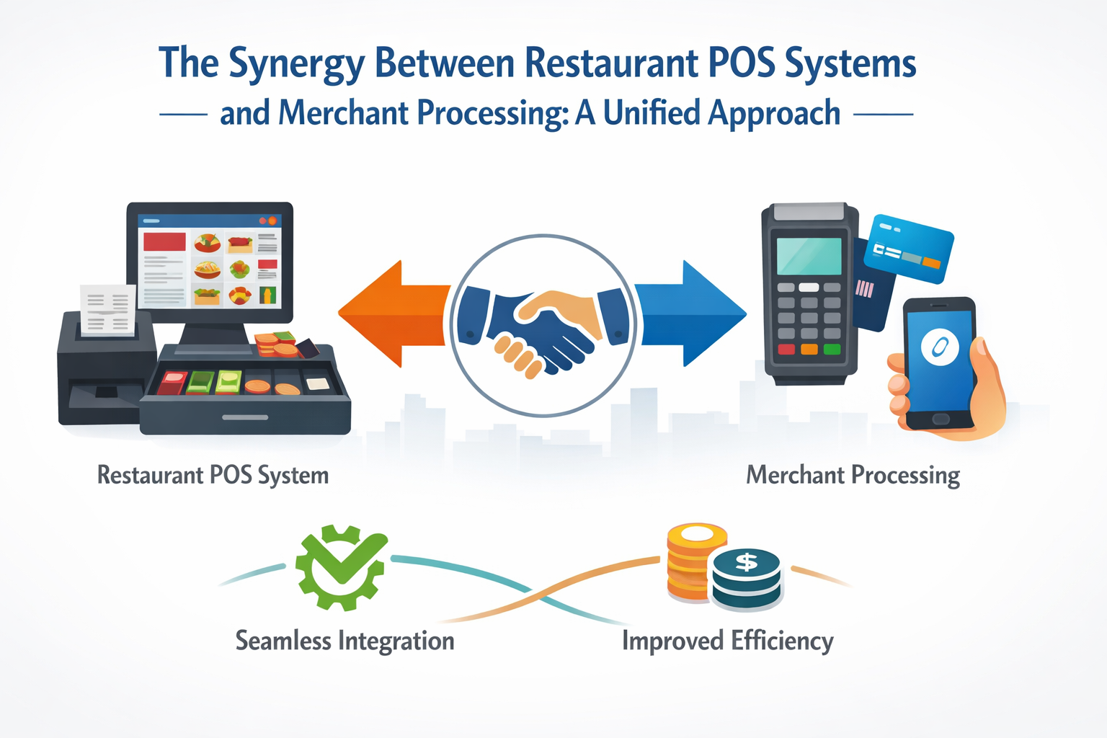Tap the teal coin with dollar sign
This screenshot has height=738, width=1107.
tap(747, 577)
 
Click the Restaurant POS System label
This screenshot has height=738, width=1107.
tap(213, 476)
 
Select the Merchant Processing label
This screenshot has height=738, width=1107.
tap(853, 476)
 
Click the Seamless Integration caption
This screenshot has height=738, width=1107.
tap(344, 641)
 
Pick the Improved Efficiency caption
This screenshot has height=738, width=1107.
tap(727, 641)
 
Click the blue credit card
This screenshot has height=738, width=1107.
tap(909, 249)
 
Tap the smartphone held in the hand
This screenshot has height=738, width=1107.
tap(940, 364)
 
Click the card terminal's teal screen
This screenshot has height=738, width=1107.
tap(809, 256)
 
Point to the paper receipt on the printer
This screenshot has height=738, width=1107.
tap(107, 310)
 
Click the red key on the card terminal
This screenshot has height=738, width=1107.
tap(786, 350)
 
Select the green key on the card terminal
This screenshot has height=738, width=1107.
tap(832, 350)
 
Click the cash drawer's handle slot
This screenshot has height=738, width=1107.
tap(245, 417)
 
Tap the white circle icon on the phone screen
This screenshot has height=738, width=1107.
tap(940, 347)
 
